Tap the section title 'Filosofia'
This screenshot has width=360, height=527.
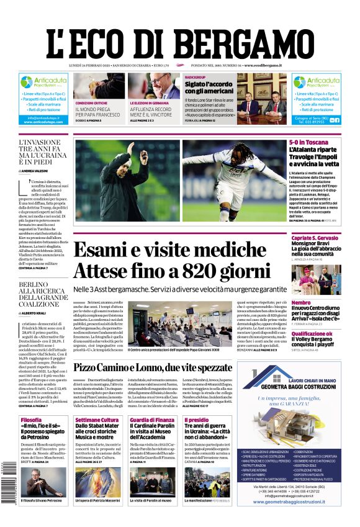32,420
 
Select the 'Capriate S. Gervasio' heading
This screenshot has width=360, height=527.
315,238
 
